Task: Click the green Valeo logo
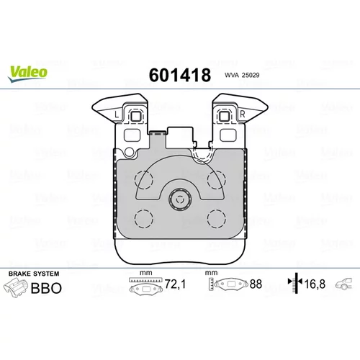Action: [x=27, y=74]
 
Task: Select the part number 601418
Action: [x=180, y=75]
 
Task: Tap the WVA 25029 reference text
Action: [x=242, y=75]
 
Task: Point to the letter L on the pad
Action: [x=117, y=114]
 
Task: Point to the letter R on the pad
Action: [x=243, y=114]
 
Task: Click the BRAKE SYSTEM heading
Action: [x=34, y=274]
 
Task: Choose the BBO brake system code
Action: [x=46, y=288]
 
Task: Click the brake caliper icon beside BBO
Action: [x=16, y=288]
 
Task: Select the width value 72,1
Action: [x=175, y=284]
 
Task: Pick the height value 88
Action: [x=256, y=284]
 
